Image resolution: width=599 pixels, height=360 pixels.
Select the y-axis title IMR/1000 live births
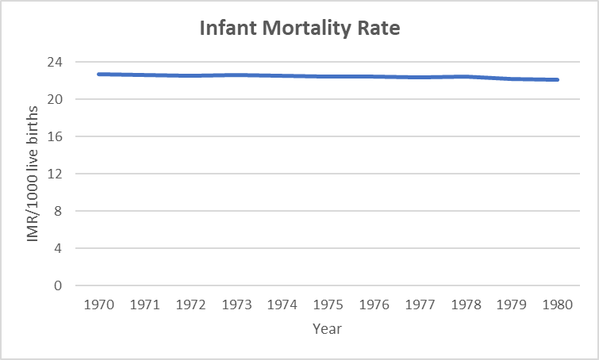coord(33,173)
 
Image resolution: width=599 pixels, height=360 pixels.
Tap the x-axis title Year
coord(327,327)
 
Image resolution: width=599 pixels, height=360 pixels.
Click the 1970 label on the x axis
coord(98,304)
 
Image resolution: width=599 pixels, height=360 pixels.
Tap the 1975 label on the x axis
coord(328,304)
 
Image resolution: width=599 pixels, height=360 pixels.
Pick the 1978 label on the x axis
coord(466,304)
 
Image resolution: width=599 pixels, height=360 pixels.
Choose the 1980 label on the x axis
coord(558,304)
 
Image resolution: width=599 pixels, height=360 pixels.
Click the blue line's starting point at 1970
coord(98,74)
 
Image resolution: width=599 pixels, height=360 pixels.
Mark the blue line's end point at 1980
coord(558,79)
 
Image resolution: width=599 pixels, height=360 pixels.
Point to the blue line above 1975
coord(328,76)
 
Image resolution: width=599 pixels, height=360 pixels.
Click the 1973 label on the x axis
coord(236,304)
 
